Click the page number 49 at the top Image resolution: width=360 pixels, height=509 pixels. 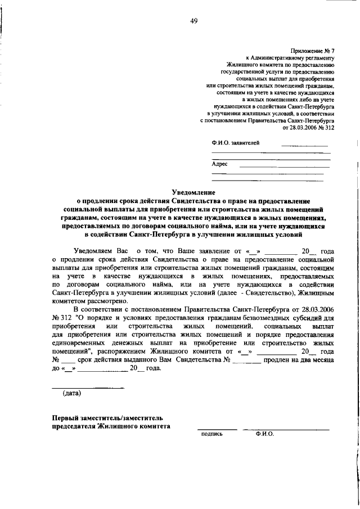(x=193, y=21)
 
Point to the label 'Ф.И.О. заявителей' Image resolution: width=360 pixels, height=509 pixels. (x=235, y=143)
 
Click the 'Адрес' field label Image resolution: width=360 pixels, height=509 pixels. (x=219, y=164)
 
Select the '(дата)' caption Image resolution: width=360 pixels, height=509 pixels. (x=71, y=393)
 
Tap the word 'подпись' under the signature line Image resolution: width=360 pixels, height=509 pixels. (x=212, y=434)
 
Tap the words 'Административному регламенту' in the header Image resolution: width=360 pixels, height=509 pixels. (x=292, y=58)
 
